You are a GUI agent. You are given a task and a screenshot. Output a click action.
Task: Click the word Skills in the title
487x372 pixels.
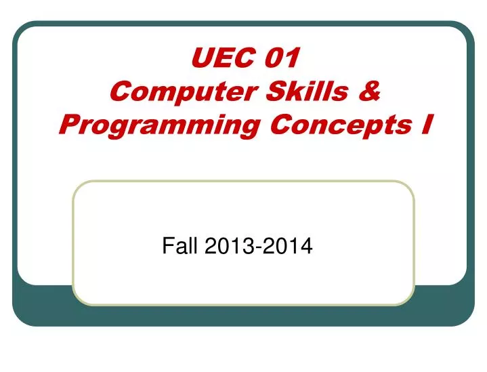[x=305, y=92]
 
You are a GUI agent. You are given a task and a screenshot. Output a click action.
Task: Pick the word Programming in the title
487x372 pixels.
[x=150, y=125]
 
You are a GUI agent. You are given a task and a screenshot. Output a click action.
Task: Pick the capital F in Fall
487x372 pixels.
[x=167, y=248]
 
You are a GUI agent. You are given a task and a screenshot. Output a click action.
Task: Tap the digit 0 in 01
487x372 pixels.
[x=274, y=60]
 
